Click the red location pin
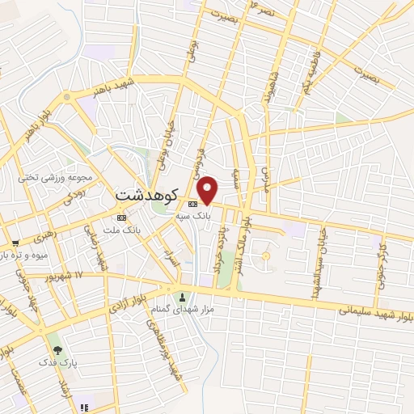209,190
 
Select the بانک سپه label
195,217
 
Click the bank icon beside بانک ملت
121,218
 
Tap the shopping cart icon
15,243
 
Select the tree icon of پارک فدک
57,350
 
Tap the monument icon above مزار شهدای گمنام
183,295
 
